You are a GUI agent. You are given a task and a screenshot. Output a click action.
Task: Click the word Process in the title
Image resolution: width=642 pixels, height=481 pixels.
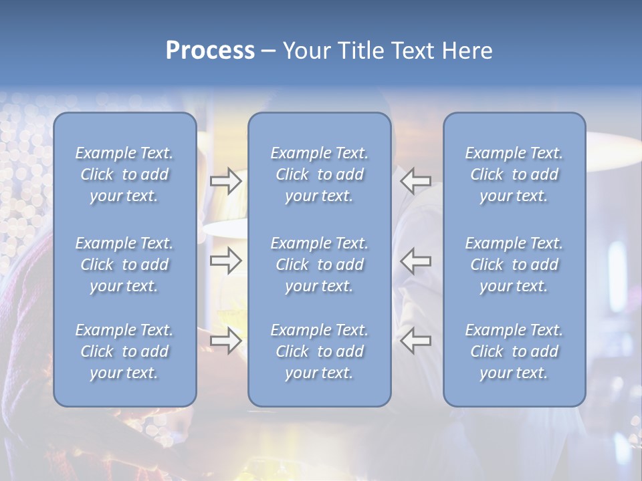(210, 51)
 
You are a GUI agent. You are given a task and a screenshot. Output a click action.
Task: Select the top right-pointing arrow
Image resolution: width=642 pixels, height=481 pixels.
(226, 180)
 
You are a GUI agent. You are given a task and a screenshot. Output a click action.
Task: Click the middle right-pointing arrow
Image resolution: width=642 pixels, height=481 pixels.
(226, 261)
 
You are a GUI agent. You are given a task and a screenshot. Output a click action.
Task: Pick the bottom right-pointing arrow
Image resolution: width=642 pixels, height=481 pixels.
(226, 341)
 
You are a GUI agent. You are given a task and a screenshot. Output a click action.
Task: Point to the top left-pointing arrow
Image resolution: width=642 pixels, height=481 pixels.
(415, 180)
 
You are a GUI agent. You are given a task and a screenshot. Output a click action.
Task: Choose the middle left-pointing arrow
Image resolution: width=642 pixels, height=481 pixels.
(415, 261)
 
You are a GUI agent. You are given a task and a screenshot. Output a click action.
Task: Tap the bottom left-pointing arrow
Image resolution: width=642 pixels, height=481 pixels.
(415, 341)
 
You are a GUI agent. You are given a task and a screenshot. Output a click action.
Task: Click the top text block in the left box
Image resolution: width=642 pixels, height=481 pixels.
(124, 174)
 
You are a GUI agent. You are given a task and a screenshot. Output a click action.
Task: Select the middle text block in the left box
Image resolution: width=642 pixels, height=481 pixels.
(124, 265)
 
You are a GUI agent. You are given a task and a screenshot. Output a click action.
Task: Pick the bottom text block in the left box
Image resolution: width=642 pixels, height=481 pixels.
(124, 351)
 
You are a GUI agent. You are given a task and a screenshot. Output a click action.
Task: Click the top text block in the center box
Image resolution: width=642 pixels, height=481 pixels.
(319, 174)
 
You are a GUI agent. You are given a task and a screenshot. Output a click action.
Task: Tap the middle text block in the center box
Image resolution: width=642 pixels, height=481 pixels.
(319, 265)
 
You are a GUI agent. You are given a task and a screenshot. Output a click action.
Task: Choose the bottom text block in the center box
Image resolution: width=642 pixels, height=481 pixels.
(319, 351)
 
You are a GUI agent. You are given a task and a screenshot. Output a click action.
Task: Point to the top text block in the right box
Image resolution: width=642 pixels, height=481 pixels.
(514, 174)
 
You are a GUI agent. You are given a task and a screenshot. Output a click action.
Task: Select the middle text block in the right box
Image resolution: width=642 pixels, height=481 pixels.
(514, 265)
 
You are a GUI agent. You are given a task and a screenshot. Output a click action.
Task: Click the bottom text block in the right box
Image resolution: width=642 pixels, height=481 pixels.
(514, 351)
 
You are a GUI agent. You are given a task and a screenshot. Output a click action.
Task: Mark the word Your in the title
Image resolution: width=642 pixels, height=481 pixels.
(304, 51)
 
